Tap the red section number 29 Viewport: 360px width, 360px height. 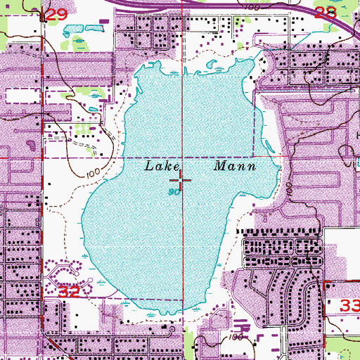coord(59,13)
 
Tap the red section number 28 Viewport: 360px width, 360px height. coord(307,13)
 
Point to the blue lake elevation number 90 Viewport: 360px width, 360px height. coord(173,191)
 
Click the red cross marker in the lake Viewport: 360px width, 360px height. coord(183,181)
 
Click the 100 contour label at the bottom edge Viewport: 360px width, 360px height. coord(236,337)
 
